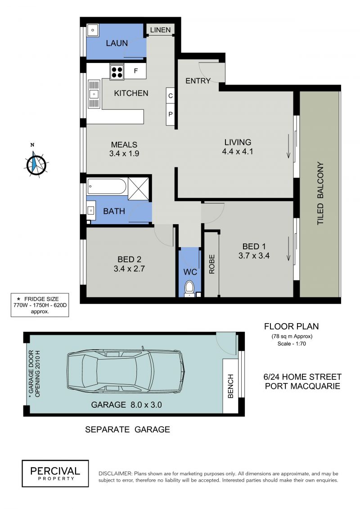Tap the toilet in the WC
click(189, 288)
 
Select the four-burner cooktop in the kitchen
click(117, 72)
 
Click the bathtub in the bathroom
click(107, 187)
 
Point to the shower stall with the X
click(138, 189)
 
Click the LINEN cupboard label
click(160, 30)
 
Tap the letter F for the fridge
click(136, 71)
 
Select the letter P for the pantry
click(171, 114)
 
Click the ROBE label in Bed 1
click(211, 264)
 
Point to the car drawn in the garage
click(126, 371)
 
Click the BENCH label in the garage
click(230, 386)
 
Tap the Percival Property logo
click(55, 473)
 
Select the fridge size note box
click(40, 305)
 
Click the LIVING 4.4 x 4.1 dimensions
click(238, 151)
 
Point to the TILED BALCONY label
click(320, 193)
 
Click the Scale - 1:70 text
click(292, 343)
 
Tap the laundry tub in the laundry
click(93, 30)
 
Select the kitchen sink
click(94, 94)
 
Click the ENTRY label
click(198, 81)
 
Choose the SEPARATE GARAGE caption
click(127, 429)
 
